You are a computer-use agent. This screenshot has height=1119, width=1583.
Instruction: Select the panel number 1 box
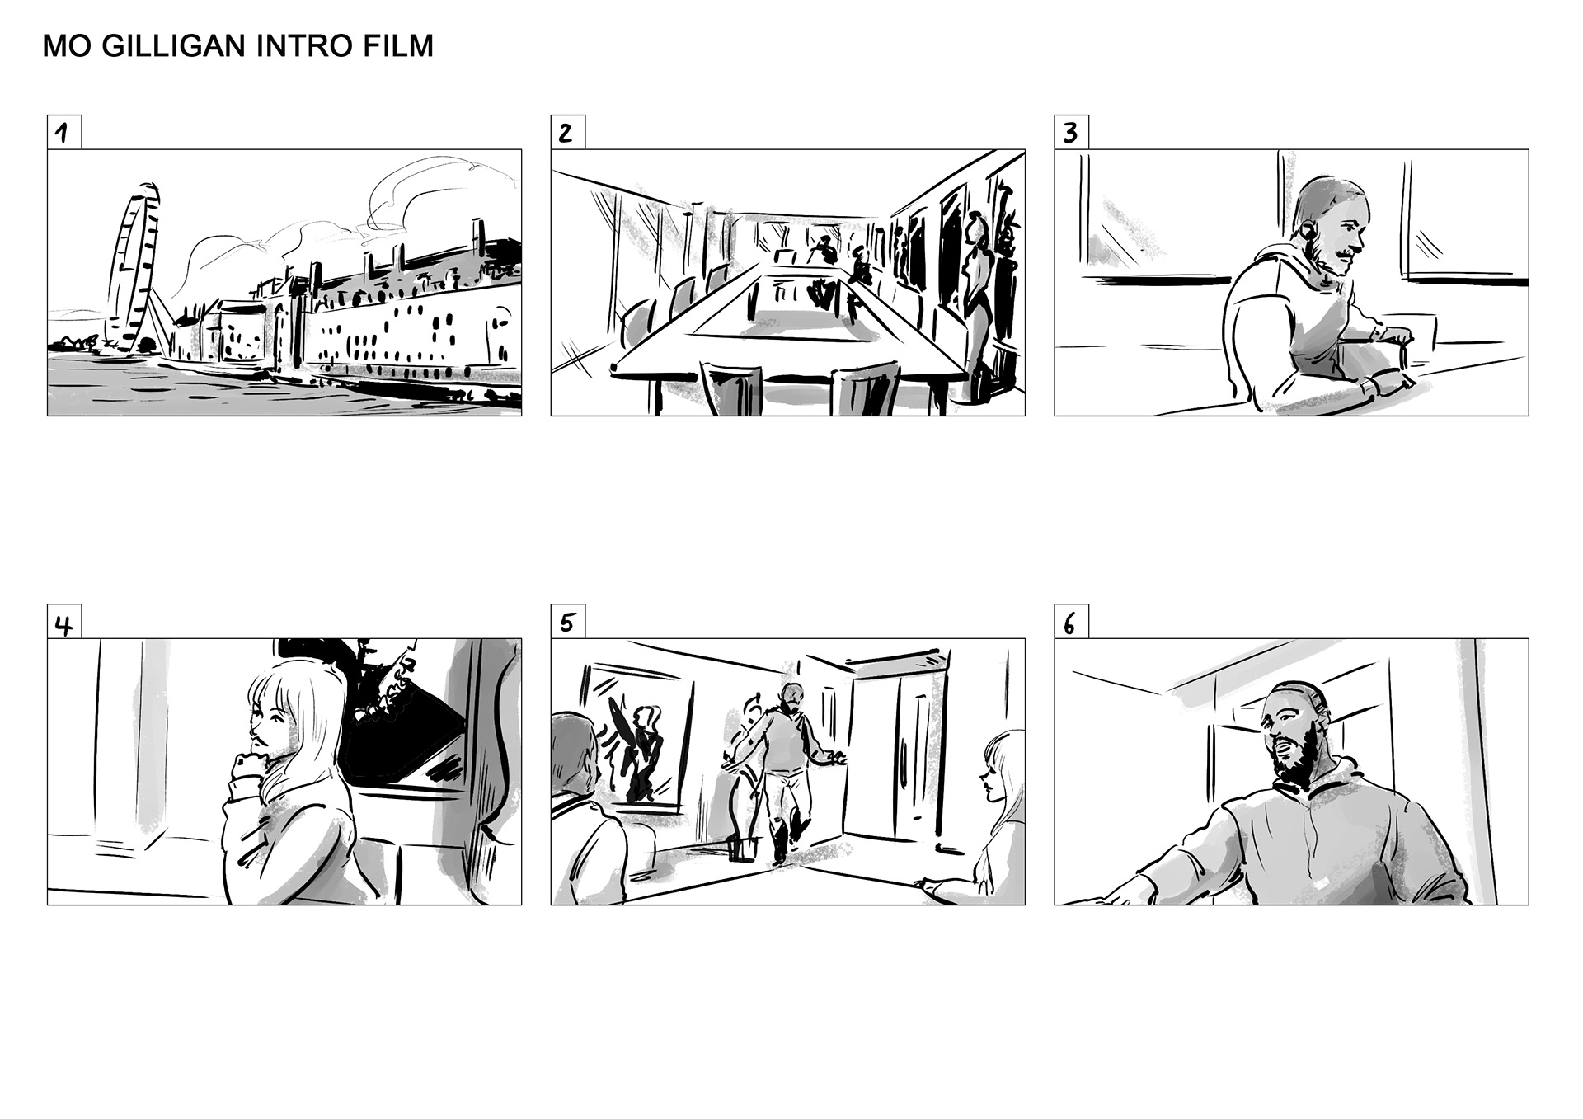(x=64, y=132)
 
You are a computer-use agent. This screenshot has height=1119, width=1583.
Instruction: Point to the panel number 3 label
(x=1071, y=132)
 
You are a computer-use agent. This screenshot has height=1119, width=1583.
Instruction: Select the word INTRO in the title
(x=307, y=46)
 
